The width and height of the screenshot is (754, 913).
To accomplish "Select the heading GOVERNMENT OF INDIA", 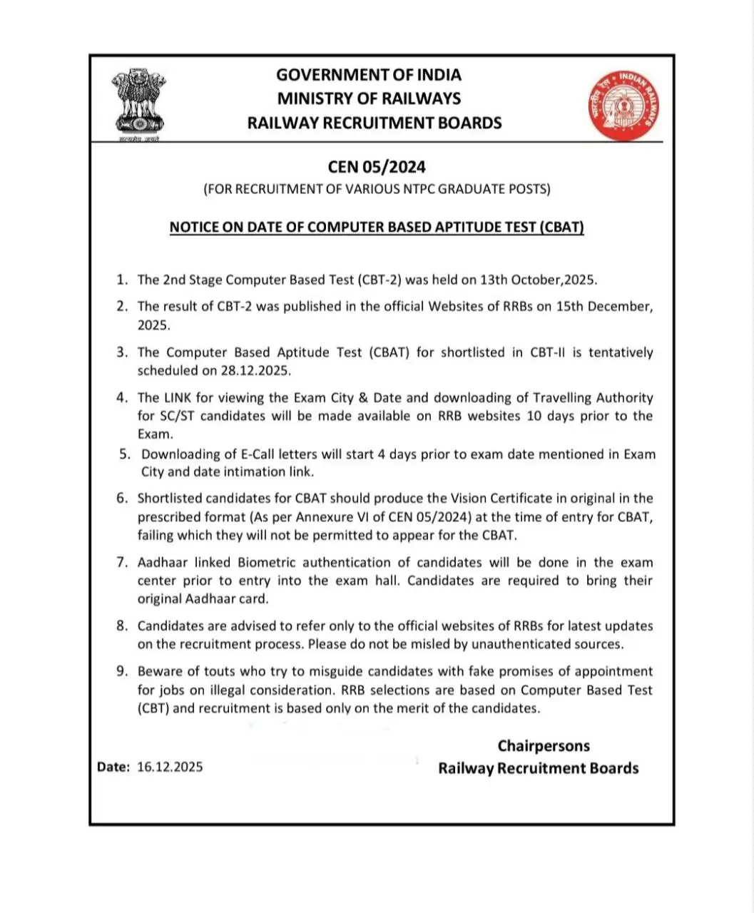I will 369,75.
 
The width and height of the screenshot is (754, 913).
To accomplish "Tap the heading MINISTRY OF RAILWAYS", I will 369,98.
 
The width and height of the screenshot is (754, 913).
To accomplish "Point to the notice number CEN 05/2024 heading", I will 377,167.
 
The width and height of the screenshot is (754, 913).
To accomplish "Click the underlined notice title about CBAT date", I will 377,228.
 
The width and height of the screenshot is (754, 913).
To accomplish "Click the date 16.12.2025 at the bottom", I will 170,767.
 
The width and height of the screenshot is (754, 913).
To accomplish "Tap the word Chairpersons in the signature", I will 544,746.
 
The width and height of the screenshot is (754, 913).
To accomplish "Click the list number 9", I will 122,671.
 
